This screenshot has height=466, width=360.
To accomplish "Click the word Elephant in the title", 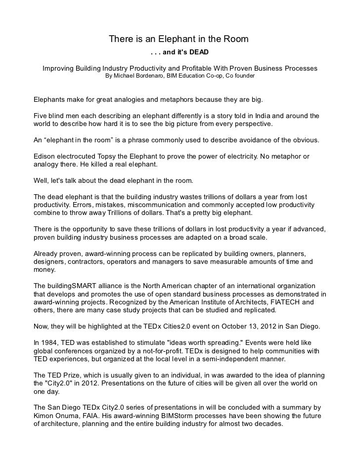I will click(180, 39).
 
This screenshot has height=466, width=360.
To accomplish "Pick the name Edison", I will click(44, 156).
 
